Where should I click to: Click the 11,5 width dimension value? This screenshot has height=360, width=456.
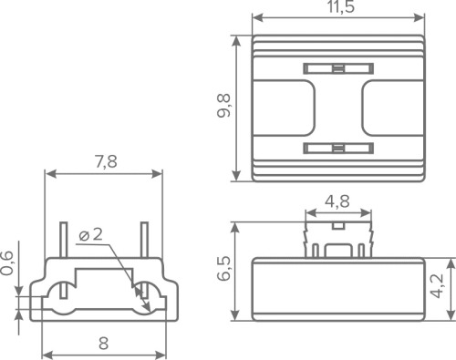pos(341,6)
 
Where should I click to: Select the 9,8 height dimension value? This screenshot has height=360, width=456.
pos(224,106)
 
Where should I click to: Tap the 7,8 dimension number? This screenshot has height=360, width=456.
pos(106,161)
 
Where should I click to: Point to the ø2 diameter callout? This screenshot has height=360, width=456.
pos(90,235)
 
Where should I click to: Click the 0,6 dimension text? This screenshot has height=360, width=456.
pos(7,263)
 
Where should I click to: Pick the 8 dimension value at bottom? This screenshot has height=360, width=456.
pos(103,344)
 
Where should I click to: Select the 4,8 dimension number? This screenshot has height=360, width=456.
pos(337,201)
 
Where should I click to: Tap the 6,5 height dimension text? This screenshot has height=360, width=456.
pos(224,268)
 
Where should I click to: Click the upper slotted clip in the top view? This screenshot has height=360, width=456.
pos(338,68)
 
